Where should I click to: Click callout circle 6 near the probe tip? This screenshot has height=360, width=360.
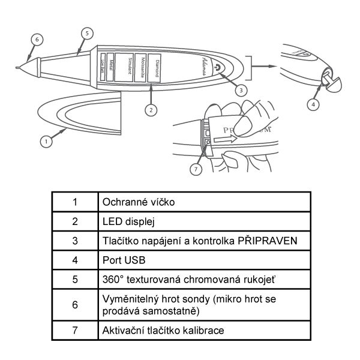coord(37,39)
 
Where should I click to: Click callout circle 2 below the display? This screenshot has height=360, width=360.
coord(151,110)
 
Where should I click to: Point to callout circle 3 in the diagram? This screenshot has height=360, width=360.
coord(241,90)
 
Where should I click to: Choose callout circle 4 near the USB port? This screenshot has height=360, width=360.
coord(313,104)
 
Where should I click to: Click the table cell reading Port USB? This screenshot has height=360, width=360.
coord(121,261)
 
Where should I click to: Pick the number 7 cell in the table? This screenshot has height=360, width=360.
coord(74,330)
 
